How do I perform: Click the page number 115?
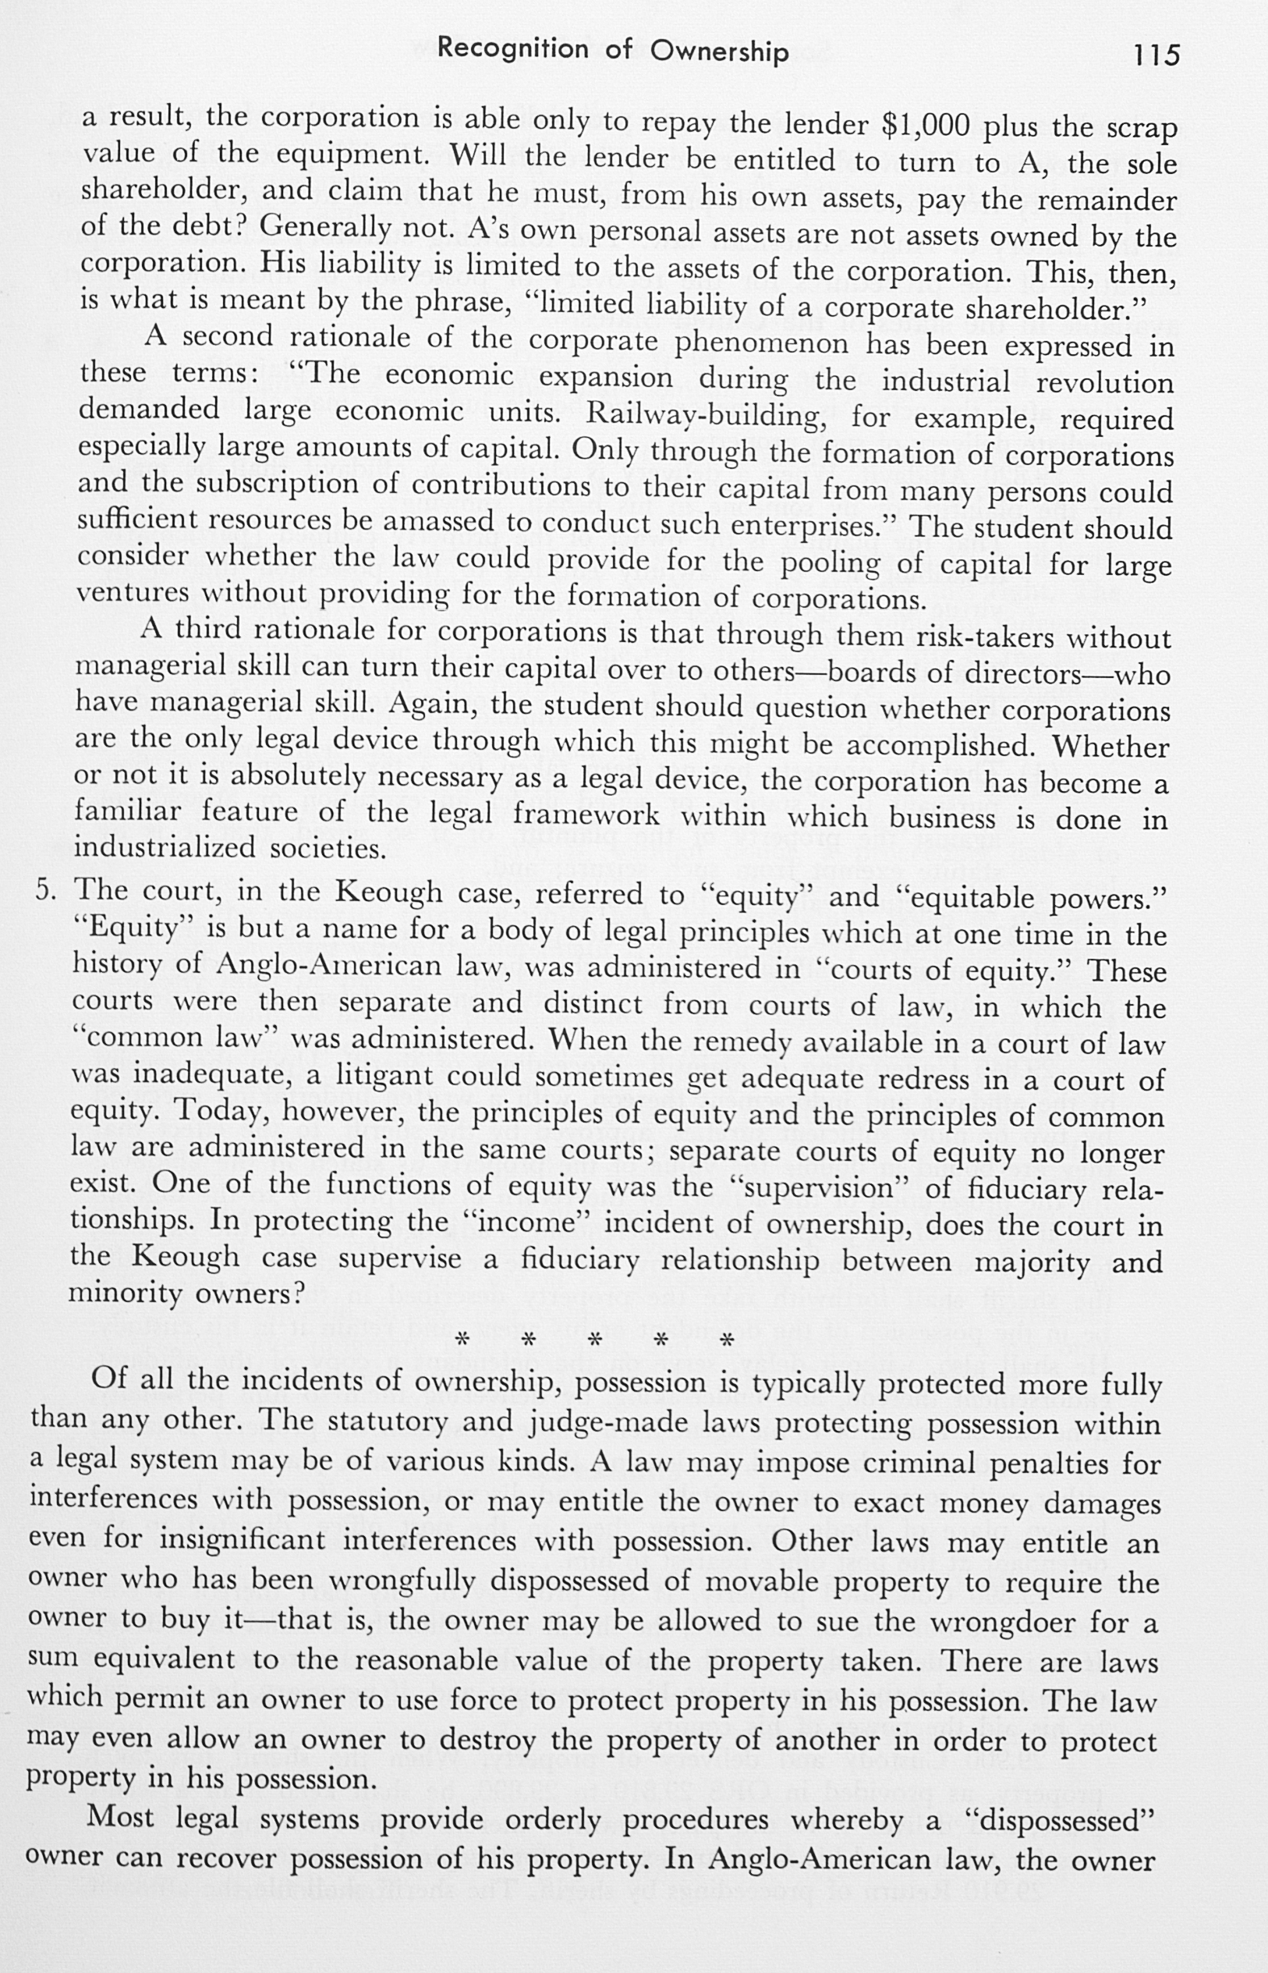(x=1156, y=55)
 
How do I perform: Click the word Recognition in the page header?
(x=513, y=49)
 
